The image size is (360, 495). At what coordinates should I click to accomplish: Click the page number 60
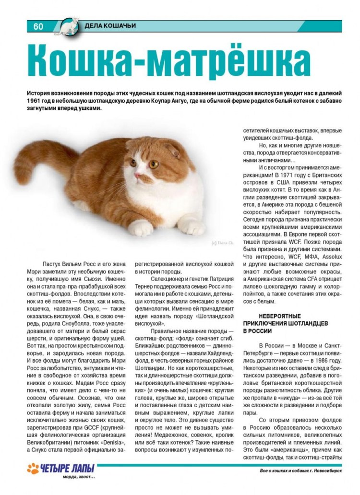(38, 26)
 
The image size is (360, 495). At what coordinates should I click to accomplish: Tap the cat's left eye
(155, 164)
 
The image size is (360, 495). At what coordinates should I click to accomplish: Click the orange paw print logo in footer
(33, 469)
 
